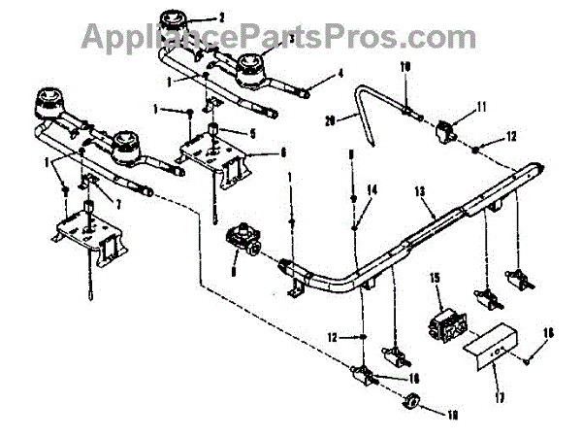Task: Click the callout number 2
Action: coord(220,17)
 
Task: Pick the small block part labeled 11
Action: coord(448,125)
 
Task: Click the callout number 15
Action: coord(436,279)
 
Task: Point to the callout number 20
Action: coord(330,121)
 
